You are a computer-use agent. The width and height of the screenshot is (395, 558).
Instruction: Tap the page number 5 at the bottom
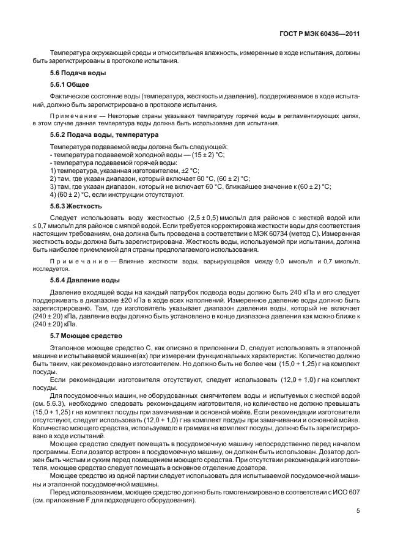[358, 522]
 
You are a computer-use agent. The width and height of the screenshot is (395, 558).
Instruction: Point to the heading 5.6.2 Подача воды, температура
[99, 134]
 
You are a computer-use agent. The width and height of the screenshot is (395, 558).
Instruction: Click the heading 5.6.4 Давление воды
[84, 280]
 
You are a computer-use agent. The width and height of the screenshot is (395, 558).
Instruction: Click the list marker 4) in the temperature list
[53, 194]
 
